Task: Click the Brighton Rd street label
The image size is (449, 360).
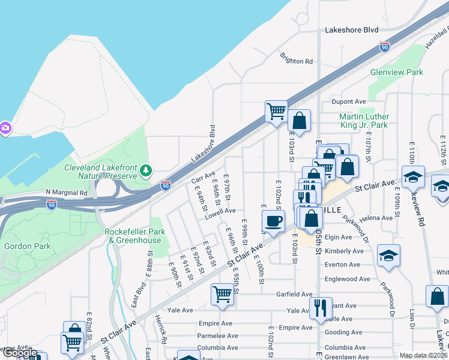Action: click(296, 61)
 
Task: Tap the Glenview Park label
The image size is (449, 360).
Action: click(397, 72)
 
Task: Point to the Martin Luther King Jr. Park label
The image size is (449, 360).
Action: click(364, 121)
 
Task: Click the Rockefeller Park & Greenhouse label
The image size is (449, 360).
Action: click(133, 236)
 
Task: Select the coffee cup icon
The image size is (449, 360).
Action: click(273, 221)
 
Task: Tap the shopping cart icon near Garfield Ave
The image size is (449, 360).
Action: click(222, 294)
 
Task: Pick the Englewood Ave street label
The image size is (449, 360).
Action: click(347, 279)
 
